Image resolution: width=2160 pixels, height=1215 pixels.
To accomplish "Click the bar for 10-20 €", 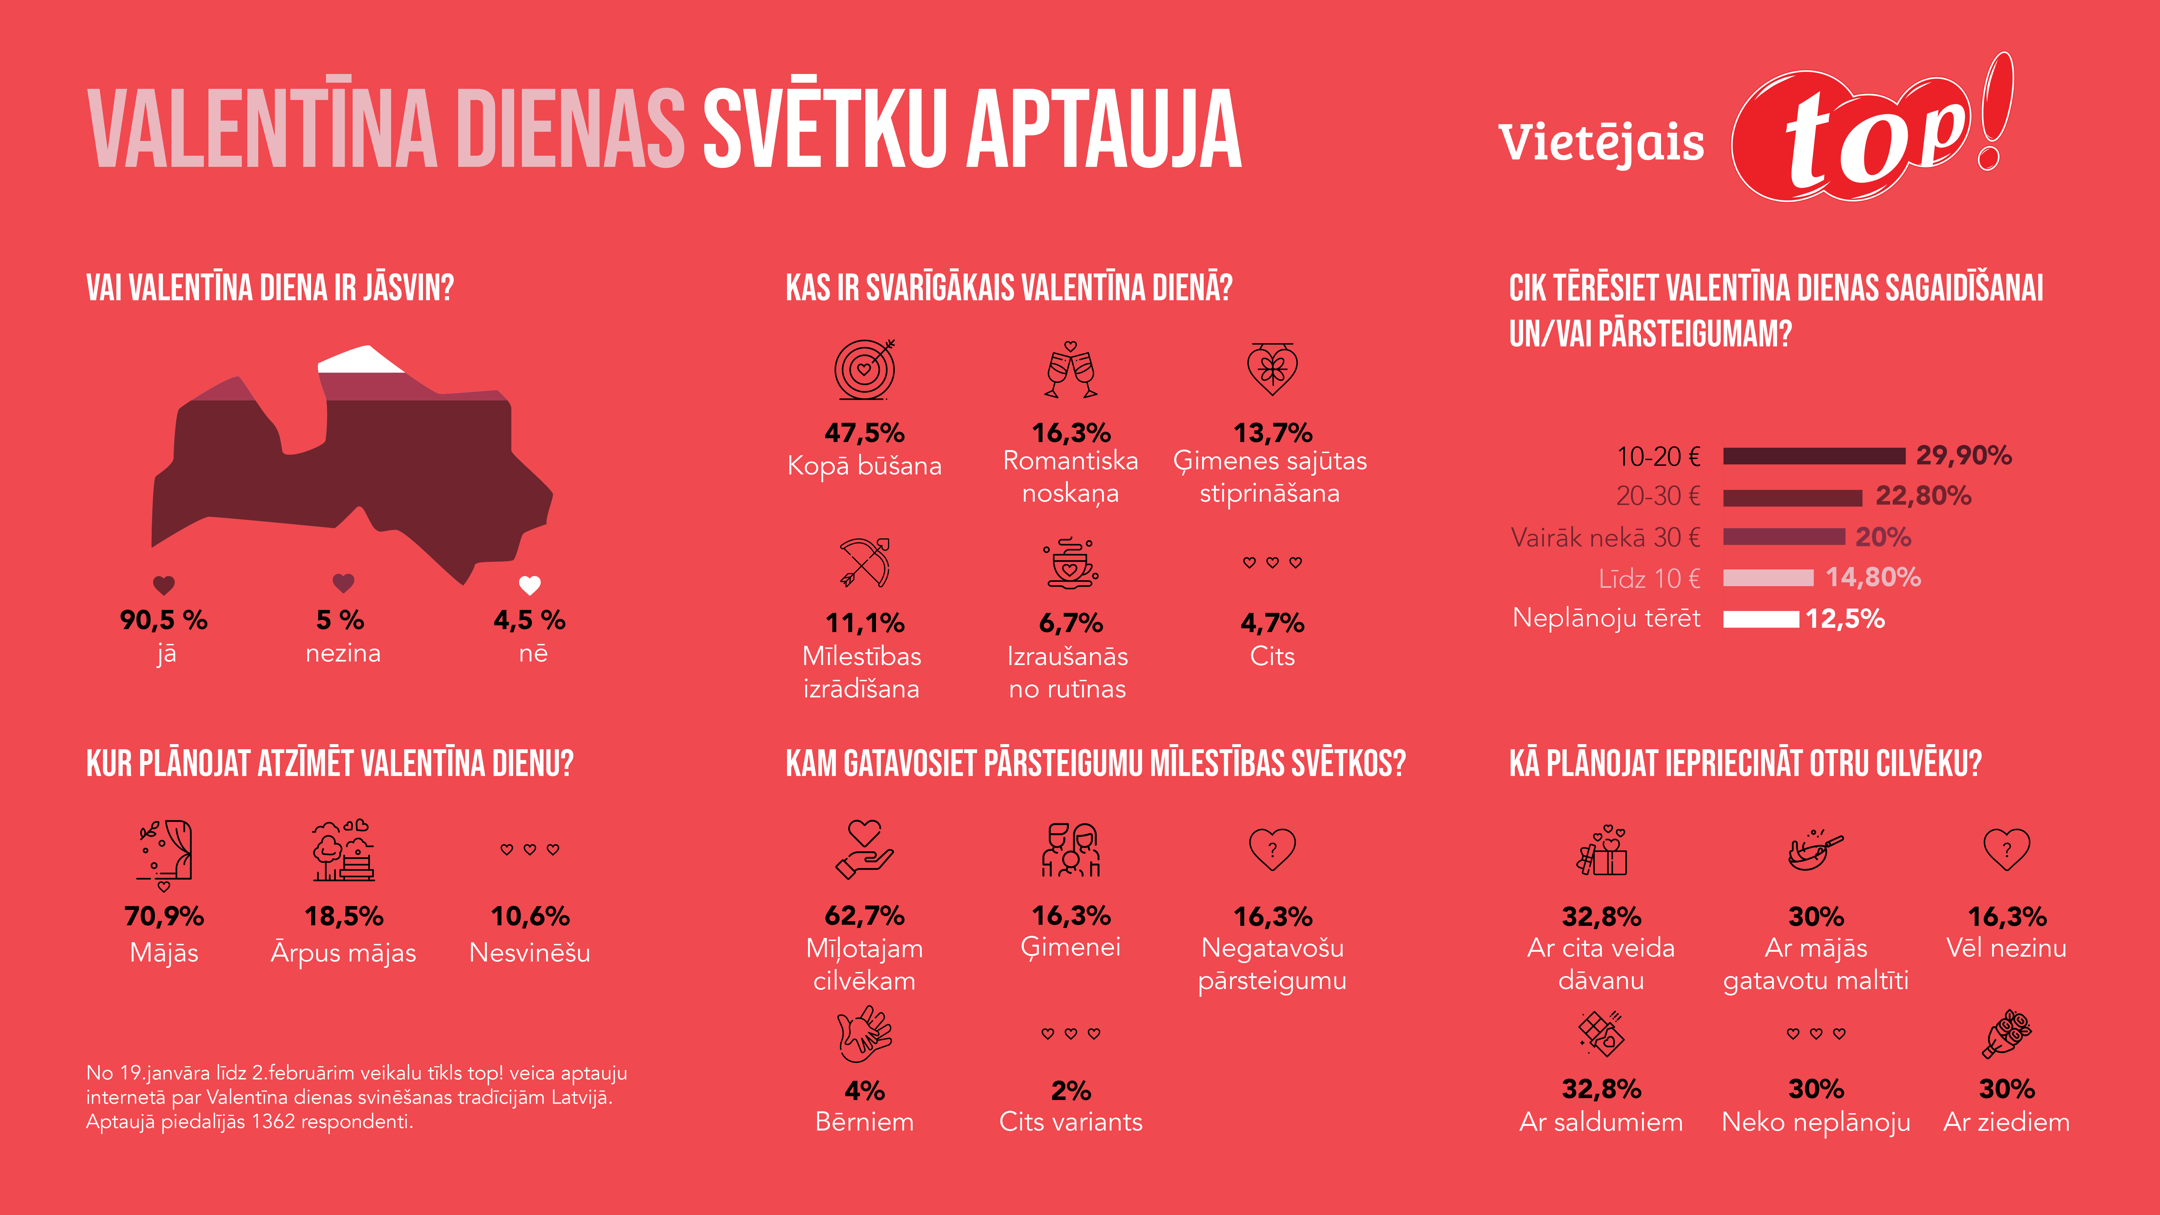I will click(1814, 456).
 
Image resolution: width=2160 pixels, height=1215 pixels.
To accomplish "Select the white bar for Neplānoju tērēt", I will click(1761, 619).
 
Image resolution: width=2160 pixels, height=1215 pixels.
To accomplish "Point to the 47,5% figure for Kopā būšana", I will click(865, 433).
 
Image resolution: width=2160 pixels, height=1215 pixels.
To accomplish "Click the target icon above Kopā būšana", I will click(865, 369).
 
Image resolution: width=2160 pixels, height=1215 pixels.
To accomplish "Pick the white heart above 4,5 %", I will click(530, 585).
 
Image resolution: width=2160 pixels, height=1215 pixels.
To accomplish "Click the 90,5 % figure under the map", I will click(164, 620).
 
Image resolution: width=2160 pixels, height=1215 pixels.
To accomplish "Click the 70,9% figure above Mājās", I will click(164, 916).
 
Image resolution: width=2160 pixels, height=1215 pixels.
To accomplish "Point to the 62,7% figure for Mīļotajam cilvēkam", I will click(865, 916).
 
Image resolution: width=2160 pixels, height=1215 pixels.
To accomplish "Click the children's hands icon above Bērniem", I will click(865, 1035).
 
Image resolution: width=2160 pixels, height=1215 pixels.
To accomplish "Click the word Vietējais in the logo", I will click(1601, 143).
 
